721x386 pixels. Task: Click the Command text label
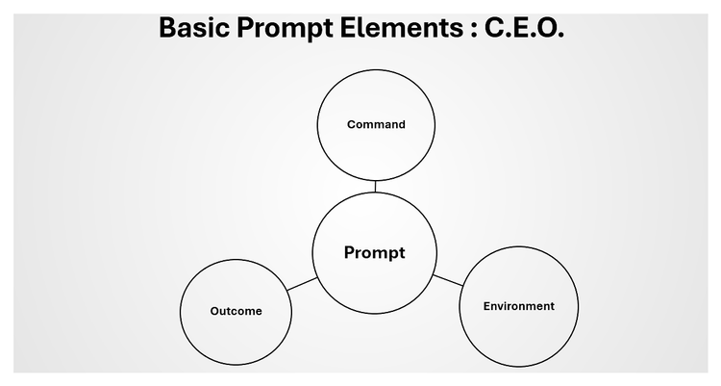tap(376, 124)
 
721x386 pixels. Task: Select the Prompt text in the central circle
tap(375, 253)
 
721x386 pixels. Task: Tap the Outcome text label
tap(236, 311)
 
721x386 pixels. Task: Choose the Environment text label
tap(518, 306)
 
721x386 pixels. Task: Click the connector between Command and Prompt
tap(376, 187)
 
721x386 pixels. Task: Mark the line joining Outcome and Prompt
tap(302, 284)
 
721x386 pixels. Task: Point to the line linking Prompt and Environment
tap(447, 279)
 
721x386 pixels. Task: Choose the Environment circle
tap(518, 332)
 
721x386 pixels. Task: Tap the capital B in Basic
tap(167, 28)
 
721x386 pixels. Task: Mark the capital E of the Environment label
tap(485, 306)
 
